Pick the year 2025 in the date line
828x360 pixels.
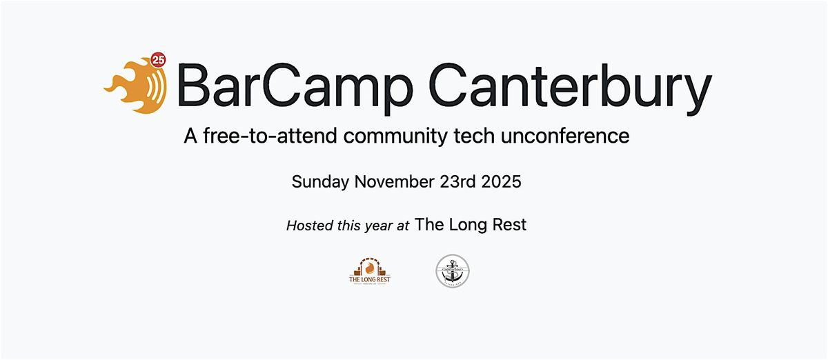click(502, 182)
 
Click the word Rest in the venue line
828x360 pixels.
click(510, 224)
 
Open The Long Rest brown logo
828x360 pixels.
click(370, 270)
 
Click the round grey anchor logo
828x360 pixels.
click(453, 271)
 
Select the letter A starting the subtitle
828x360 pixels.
click(190, 136)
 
